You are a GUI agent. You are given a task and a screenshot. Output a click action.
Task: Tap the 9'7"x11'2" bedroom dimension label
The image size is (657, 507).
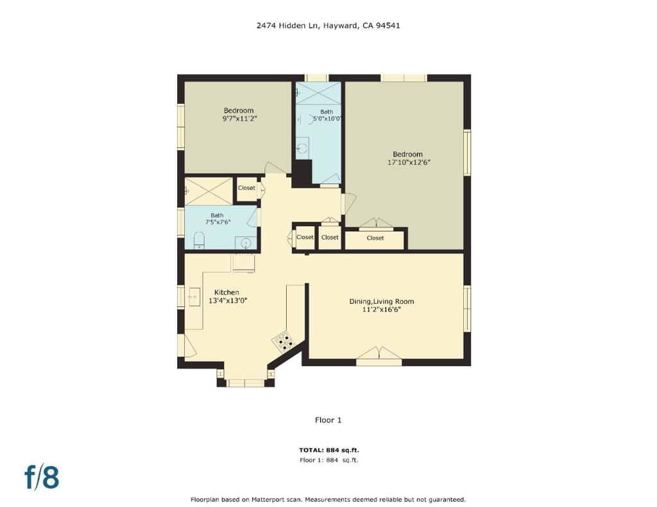pos(239,119)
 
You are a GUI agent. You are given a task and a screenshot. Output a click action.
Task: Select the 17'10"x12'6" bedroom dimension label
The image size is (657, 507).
pos(408,163)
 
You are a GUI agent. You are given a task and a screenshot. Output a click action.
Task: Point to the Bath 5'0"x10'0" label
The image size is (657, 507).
pos(327,115)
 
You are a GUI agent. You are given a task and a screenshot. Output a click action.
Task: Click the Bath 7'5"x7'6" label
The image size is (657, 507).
pos(218,219)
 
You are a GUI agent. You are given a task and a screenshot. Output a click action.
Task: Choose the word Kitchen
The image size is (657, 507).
pos(226,292)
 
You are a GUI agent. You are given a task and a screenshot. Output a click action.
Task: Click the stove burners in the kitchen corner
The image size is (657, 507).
pos(282,341)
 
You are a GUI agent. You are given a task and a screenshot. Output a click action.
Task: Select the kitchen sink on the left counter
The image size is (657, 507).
pos(194,297)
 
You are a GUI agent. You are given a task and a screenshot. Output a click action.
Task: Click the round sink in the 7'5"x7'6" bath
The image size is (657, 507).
pos(246,242)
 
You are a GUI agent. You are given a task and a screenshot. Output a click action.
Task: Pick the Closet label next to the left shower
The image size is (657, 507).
pos(246,188)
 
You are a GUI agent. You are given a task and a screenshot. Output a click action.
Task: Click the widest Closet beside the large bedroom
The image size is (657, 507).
pos(375,238)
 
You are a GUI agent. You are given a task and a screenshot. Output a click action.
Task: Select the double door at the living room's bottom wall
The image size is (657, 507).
pos(379,353)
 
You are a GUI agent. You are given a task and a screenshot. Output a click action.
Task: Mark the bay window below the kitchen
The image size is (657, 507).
pos(246,383)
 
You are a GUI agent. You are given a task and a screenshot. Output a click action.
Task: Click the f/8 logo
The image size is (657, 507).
pos(42,477)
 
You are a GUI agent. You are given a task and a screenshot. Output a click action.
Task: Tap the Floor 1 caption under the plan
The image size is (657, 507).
pos(328,420)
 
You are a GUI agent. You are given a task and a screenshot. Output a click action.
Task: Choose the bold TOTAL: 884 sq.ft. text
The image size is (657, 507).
pos(328,450)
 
